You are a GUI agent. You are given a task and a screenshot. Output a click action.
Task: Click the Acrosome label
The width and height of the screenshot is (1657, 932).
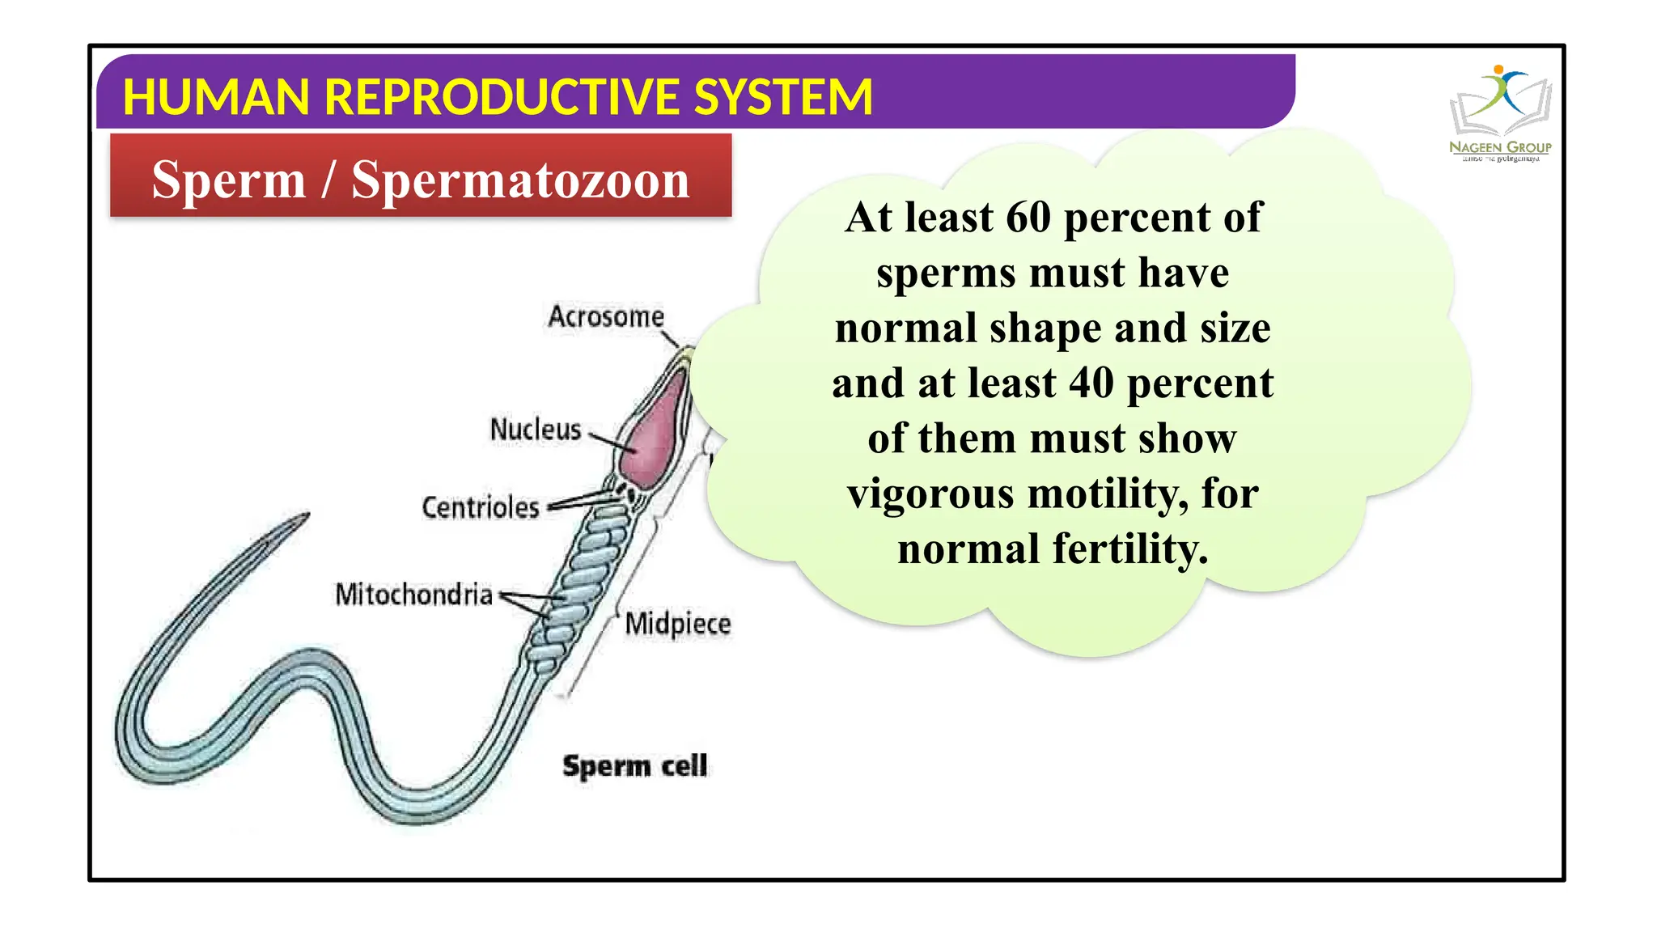tap(606, 316)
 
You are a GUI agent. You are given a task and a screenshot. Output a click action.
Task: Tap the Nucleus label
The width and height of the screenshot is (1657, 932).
tap(536, 430)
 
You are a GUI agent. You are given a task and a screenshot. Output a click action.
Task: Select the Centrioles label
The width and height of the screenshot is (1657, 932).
tap(481, 507)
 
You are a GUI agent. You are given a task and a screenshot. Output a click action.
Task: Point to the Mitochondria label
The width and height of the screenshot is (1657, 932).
tap(413, 595)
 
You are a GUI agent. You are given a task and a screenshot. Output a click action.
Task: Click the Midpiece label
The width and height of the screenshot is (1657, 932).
tap(678, 624)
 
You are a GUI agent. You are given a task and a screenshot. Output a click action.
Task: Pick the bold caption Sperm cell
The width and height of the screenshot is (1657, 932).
tap(635, 765)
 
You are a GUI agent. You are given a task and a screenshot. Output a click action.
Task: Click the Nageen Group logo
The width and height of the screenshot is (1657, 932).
tap(1500, 113)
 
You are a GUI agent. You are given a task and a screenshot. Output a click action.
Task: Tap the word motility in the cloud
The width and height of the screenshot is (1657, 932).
tap(1108, 494)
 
